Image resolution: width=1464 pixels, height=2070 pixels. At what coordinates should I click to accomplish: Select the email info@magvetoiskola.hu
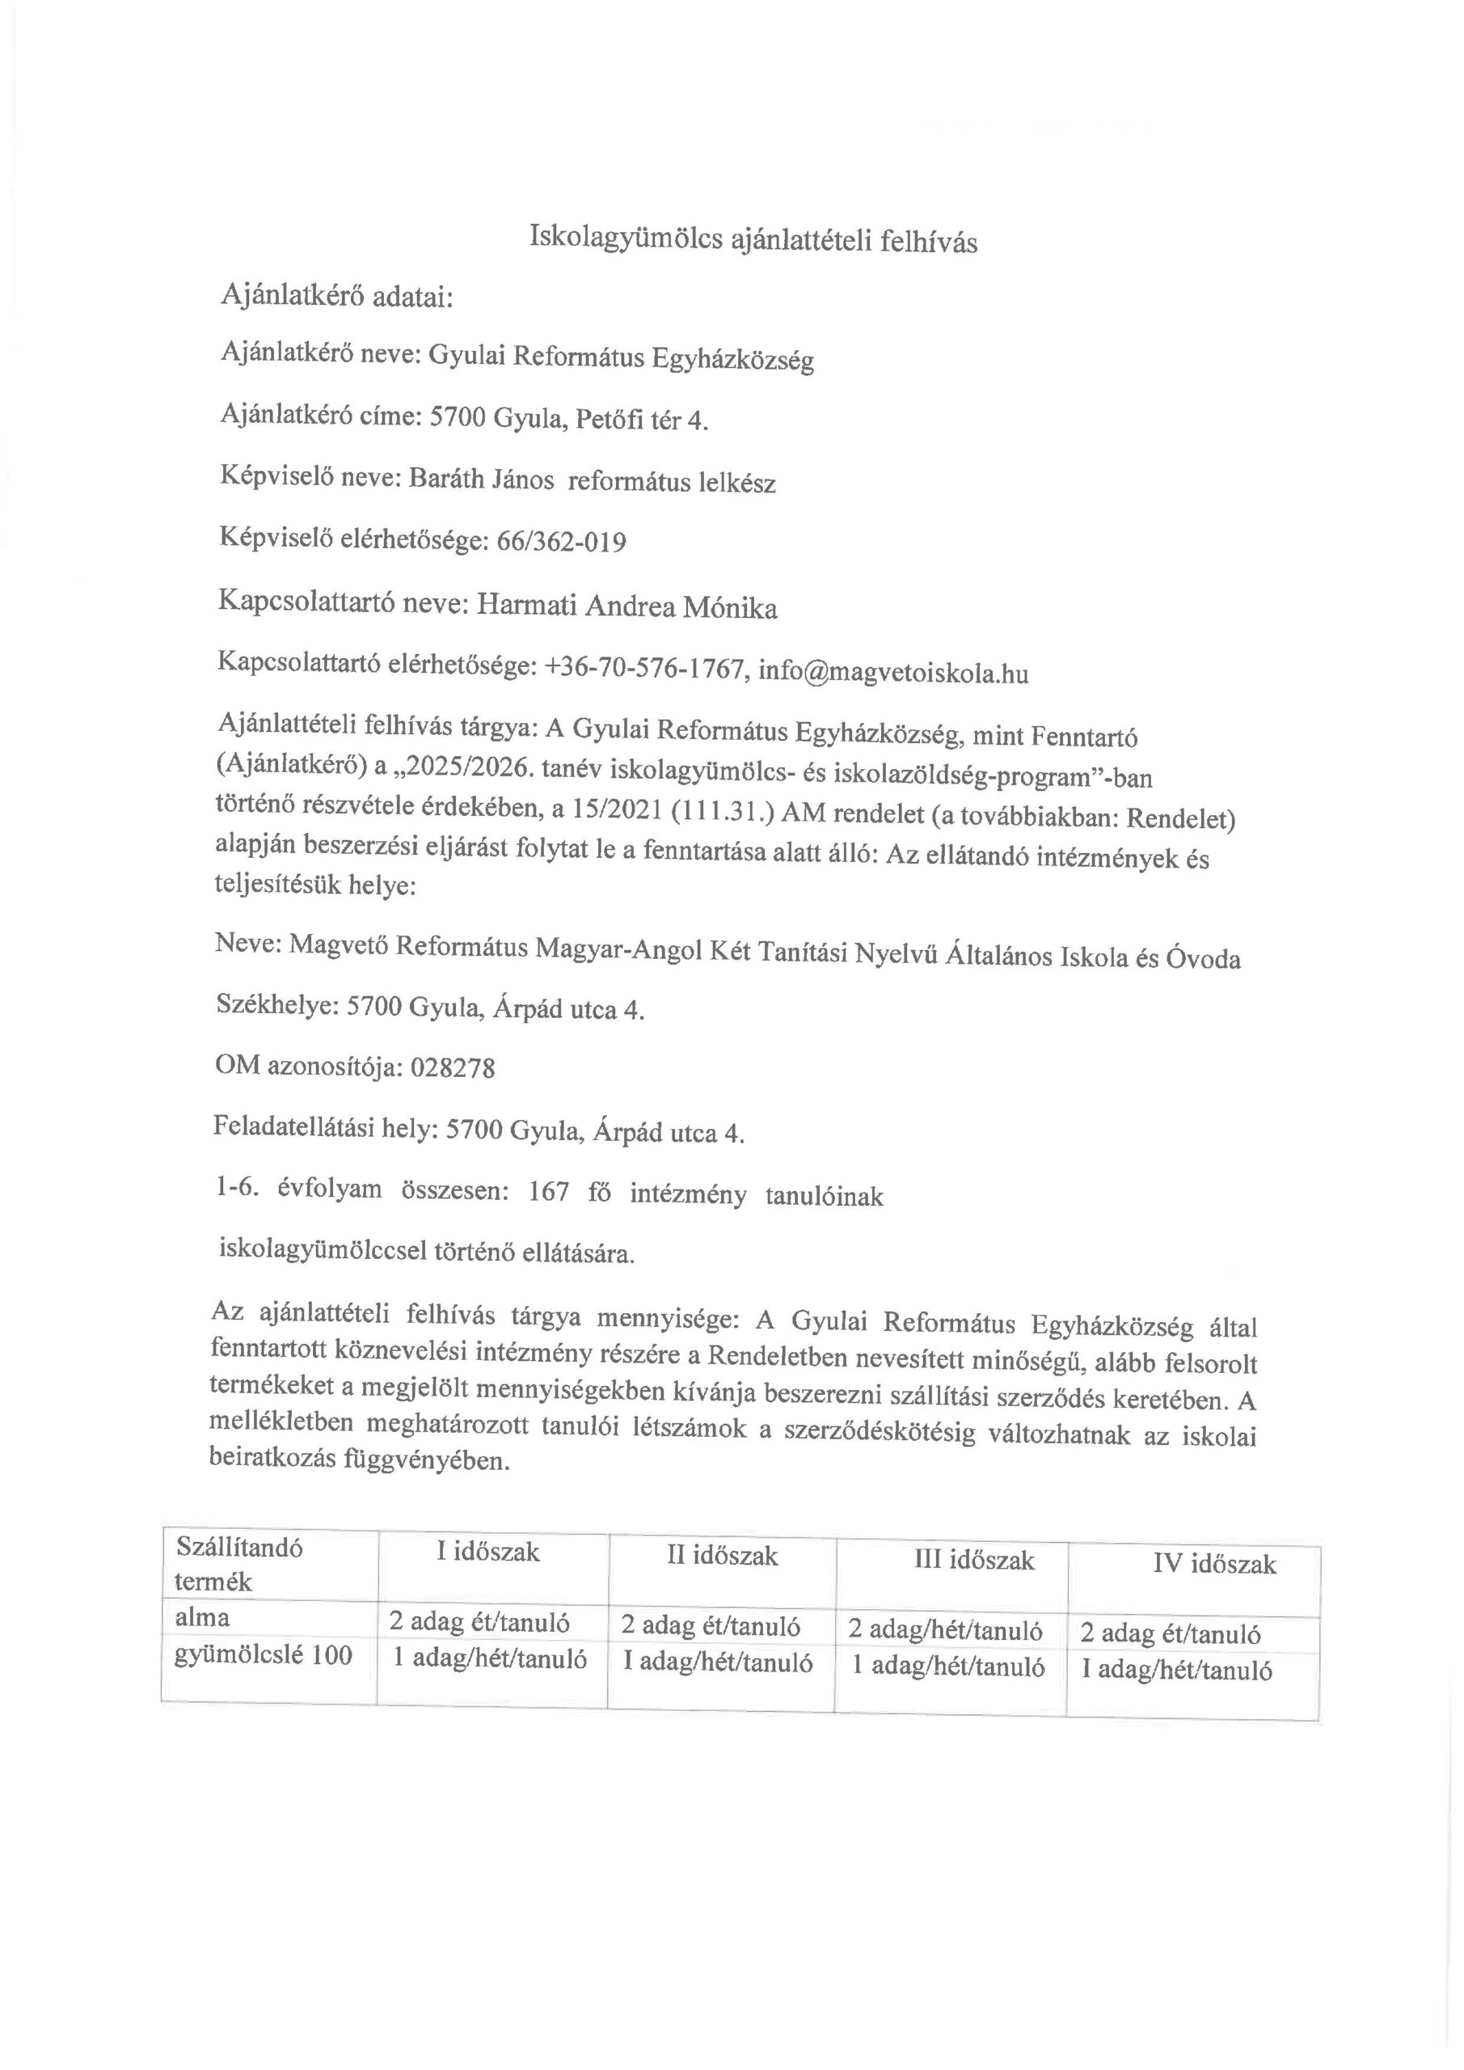point(892,673)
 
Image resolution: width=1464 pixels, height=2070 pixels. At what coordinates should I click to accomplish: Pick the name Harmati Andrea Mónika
point(626,606)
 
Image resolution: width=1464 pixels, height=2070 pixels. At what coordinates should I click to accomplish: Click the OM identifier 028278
point(453,1068)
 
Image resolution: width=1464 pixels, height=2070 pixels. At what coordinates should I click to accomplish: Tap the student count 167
point(549,1193)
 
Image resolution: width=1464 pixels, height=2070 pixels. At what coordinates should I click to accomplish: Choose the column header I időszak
point(487,1552)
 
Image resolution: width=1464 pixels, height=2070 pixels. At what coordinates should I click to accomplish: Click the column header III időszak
point(973,1560)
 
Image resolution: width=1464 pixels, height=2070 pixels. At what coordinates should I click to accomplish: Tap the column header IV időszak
point(1214,1563)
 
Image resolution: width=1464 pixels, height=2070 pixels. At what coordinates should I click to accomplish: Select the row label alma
point(202,1617)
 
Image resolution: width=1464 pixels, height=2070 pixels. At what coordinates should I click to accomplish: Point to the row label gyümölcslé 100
point(264,1654)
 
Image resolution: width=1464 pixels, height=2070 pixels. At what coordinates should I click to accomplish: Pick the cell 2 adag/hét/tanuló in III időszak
point(946,1630)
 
